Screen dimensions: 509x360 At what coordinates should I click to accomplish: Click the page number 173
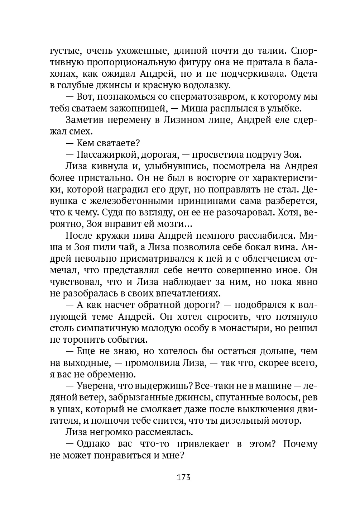pyautogui.click(x=183, y=477)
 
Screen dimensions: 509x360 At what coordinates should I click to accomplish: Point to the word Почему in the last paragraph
pyautogui.click(x=300, y=444)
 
